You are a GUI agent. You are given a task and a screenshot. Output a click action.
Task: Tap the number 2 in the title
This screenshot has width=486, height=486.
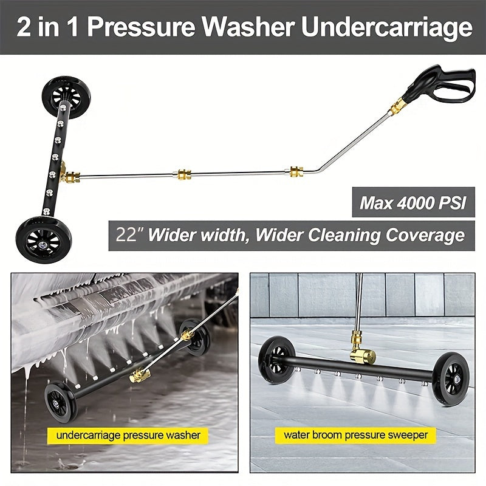[24, 27]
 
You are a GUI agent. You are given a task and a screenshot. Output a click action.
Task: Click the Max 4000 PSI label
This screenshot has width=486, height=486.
[413, 202]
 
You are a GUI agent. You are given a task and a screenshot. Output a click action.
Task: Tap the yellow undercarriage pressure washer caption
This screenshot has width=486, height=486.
[128, 435]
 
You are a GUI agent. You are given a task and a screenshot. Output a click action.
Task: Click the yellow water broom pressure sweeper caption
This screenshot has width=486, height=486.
[356, 435]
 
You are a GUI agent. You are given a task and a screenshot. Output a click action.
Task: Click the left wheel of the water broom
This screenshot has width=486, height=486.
[276, 360]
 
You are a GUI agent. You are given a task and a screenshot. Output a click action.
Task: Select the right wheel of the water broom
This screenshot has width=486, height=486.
[451, 377]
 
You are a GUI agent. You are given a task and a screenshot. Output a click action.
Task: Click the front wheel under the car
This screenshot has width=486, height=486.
[60, 401]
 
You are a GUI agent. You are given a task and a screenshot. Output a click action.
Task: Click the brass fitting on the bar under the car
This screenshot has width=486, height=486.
[140, 375]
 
